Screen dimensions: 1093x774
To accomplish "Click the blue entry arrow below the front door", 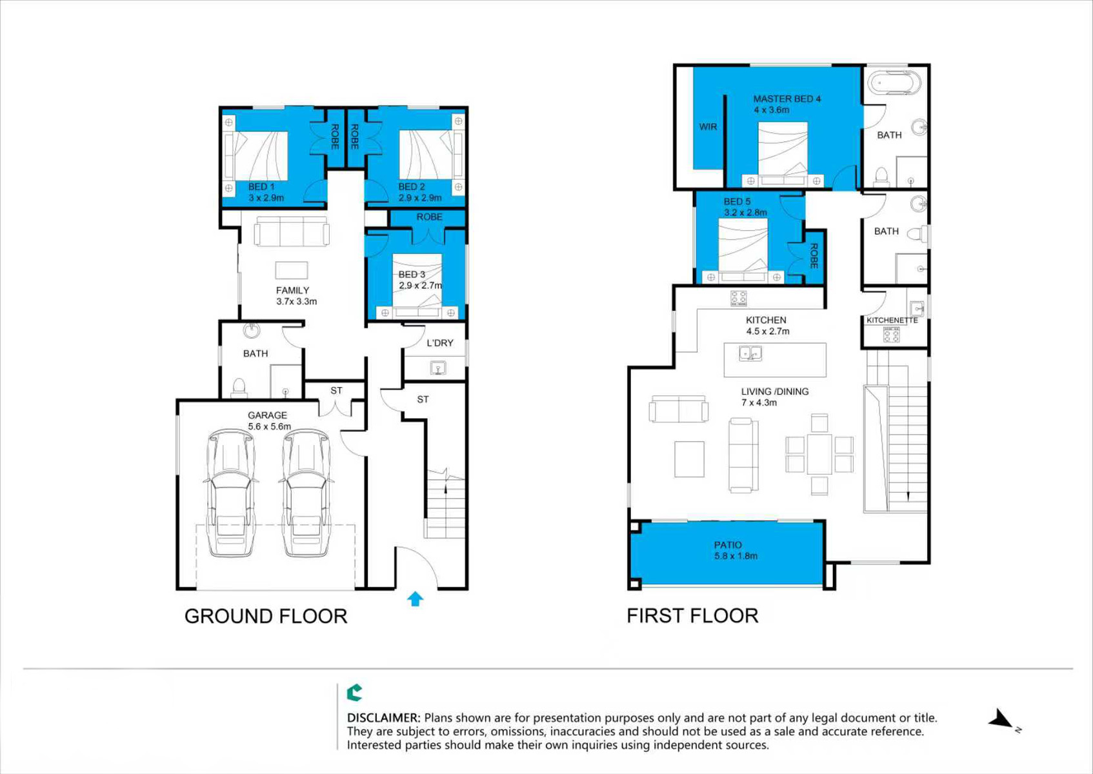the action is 416,599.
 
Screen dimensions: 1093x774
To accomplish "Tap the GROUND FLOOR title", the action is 266,617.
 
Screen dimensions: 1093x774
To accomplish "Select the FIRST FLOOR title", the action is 692,616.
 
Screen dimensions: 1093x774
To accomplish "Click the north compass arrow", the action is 1001,721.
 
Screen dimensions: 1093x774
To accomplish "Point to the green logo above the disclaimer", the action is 355,693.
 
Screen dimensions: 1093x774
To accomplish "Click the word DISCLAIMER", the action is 383,718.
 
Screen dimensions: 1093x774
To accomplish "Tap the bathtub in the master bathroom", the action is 894,83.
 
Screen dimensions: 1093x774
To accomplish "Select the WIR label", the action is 708,127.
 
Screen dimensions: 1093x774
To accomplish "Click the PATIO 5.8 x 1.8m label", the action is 736,550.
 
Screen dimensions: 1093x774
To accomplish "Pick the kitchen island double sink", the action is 750,353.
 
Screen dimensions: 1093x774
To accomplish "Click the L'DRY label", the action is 439,343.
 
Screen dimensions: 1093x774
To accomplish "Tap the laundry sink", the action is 437,368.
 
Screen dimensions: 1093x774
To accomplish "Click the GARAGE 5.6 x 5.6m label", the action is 269,421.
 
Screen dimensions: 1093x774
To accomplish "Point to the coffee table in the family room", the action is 291,270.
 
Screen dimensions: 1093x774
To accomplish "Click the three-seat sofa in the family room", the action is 292,232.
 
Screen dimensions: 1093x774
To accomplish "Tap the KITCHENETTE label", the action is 892,321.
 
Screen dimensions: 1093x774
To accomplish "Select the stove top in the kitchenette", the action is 892,335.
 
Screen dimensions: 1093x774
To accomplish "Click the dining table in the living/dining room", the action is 819,454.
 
